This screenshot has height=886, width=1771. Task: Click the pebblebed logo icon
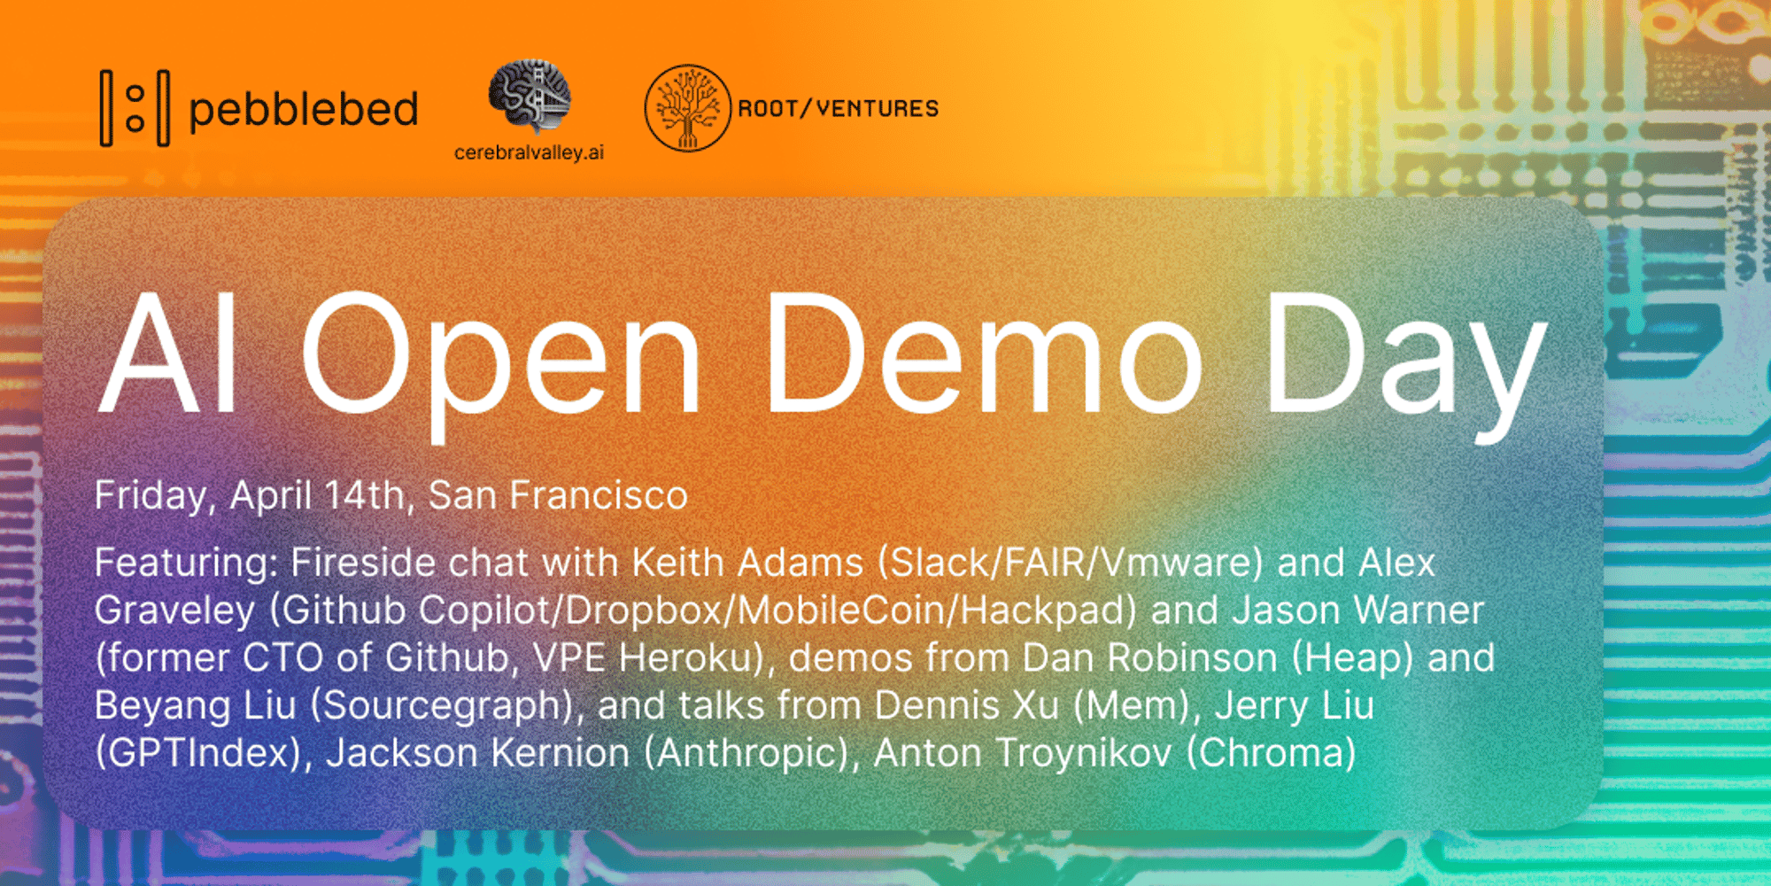coord(135,108)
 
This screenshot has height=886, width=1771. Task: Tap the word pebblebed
coord(304,111)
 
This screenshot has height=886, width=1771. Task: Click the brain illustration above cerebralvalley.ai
coord(530,96)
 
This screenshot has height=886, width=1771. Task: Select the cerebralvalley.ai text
coord(529,152)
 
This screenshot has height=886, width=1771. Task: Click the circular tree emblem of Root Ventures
coord(688,108)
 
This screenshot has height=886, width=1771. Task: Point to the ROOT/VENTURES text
coord(839,108)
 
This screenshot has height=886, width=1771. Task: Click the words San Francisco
coord(558,494)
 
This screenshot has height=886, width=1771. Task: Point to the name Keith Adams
coord(747,563)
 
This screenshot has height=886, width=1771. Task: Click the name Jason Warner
coord(1358,610)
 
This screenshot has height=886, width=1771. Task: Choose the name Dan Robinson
coord(1149,658)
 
